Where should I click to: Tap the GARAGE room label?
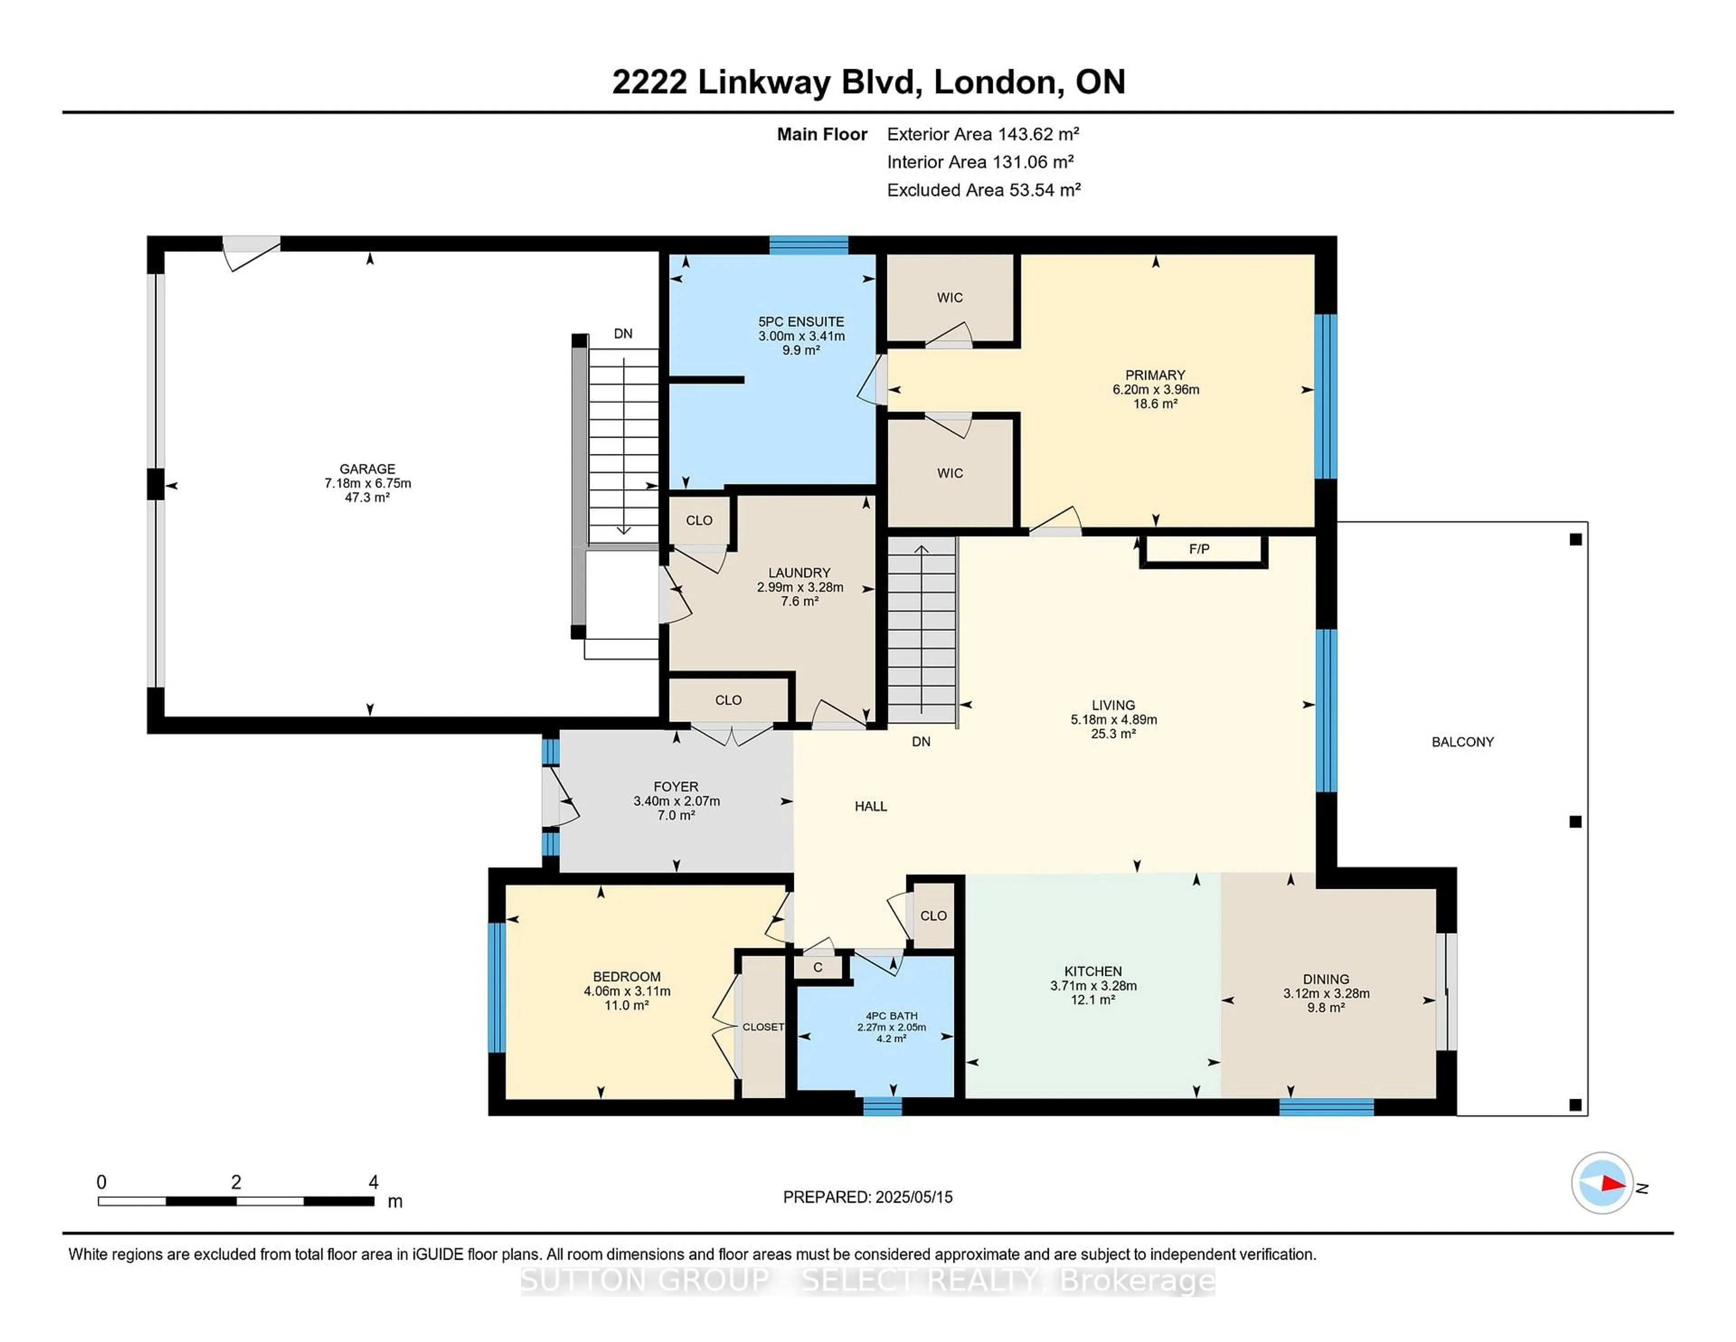pyautogui.click(x=367, y=469)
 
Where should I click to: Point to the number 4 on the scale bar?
pyautogui.click(x=373, y=1182)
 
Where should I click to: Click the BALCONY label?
pyautogui.click(x=1462, y=742)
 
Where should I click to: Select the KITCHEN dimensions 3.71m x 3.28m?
pyautogui.click(x=1093, y=986)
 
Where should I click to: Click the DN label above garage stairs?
pyautogui.click(x=623, y=334)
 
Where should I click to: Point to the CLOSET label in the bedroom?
pyautogui.click(x=763, y=1027)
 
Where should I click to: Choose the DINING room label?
pyautogui.click(x=1326, y=979)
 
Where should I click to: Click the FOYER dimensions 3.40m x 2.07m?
pyautogui.click(x=676, y=801)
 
